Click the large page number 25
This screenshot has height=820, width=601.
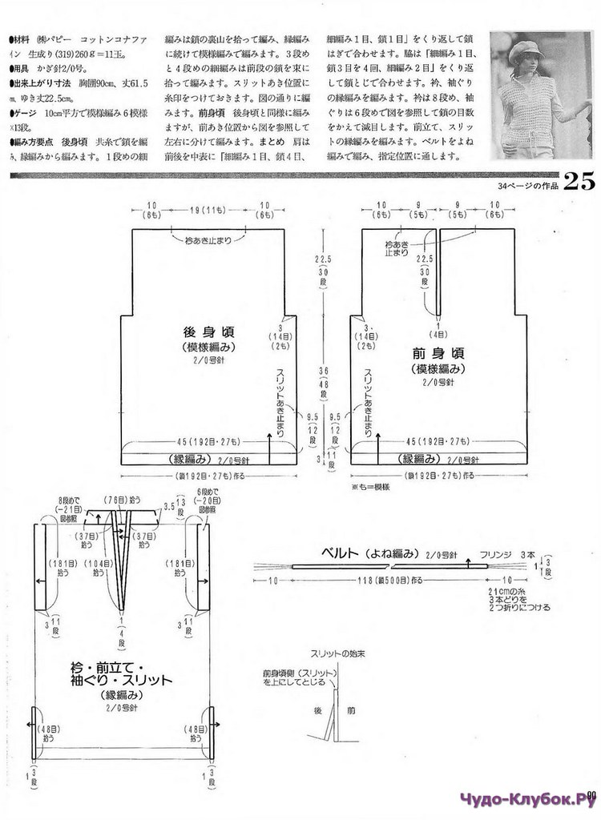(x=578, y=182)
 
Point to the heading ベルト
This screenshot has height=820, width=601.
(x=341, y=553)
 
